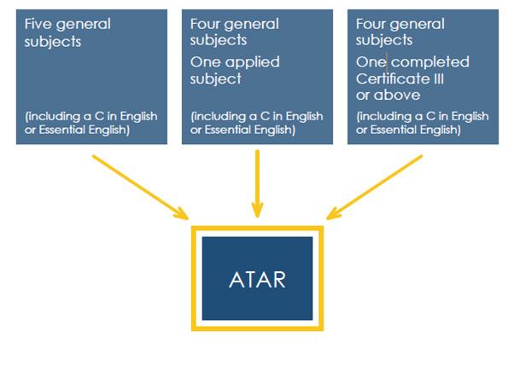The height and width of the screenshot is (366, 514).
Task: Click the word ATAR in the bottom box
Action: click(257, 278)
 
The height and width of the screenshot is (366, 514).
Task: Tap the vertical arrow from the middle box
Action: click(257, 183)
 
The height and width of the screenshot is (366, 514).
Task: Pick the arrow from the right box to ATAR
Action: click(375, 185)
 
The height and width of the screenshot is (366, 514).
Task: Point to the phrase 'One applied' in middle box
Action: click(235, 62)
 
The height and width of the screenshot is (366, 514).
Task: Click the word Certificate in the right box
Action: click(390, 78)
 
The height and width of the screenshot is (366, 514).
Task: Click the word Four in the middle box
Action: click(206, 24)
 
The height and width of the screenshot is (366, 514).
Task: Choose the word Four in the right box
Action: click(371, 24)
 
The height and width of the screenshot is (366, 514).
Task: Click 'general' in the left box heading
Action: click(84, 24)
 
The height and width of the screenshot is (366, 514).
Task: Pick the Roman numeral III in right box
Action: click(432, 78)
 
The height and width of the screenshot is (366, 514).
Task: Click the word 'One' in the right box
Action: click(371, 62)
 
